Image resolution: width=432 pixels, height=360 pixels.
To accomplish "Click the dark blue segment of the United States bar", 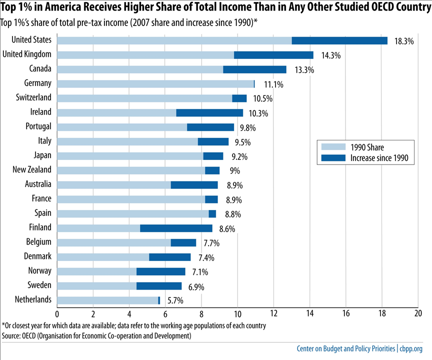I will (x=339, y=40).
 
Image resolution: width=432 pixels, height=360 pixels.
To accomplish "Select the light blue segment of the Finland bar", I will (x=98, y=228).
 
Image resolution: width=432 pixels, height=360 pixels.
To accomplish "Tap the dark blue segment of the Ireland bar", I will (x=209, y=112).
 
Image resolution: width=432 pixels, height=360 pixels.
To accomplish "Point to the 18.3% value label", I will (x=404, y=41).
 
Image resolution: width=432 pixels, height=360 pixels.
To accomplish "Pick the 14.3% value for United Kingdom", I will (x=330, y=56).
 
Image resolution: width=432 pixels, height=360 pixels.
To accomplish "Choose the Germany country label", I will (x=37, y=83).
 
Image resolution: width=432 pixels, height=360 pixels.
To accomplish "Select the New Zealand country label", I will (x=32, y=170).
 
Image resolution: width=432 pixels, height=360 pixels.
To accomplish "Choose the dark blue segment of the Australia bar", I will (x=194, y=184).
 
